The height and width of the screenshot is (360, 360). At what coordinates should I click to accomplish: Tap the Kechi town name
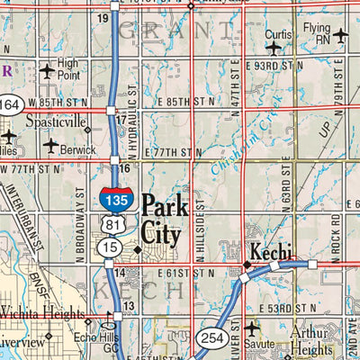click(x=268, y=251)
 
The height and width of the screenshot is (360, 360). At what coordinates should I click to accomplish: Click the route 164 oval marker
click(x=10, y=106)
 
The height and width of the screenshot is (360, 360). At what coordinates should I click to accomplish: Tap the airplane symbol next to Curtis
click(x=274, y=47)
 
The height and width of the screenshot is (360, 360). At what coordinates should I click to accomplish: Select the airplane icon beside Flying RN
click(x=340, y=36)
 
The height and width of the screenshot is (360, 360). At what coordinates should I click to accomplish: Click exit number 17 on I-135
click(x=121, y=119)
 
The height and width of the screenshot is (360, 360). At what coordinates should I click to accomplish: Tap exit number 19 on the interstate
click(x=103, y=18)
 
